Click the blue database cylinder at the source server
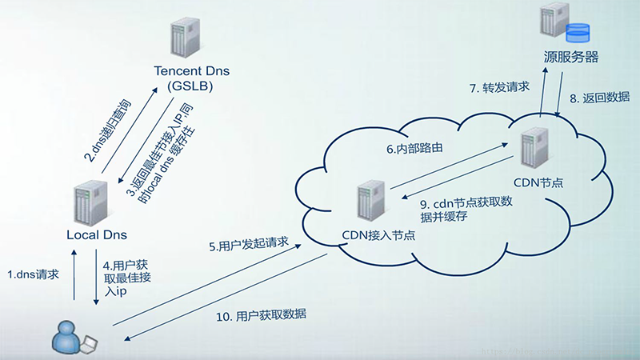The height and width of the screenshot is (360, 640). (577, 33)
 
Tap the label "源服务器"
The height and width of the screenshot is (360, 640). (571, 58)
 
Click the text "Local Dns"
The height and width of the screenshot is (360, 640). (96, 235)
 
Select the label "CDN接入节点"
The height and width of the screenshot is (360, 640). (379, 236)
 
